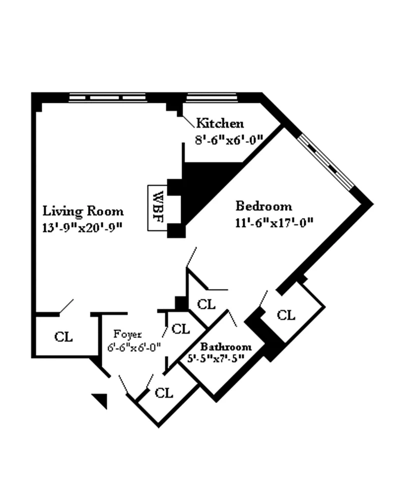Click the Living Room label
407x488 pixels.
pyautogui.click(x=82, y=211)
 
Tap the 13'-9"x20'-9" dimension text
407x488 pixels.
pyautogui.click(x=83, y=226)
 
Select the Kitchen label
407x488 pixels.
pyautogui.click(x=220, y=123)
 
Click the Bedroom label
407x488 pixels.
pyautogui.click(x=264, y=206)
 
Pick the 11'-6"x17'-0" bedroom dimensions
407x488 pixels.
pyautogui.click(x=273, y=222)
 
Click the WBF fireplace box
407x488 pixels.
pyautogui.click(x=158, y=208)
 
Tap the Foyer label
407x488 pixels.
pyautogui.click(x=127, y=334)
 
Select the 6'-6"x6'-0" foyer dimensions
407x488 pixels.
pyautogui.click(x=134, y=347)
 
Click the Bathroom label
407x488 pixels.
pyautogui.click(x=225, y=347)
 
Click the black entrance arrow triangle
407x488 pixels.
pyautogui.click(x=101, y=400)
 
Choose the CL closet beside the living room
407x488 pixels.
pyautogui.click(x=64, y=336)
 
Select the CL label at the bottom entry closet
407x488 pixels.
pyautogui.click(x=164, y=393)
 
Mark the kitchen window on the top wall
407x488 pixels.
pyautogui.click(x=211, y=96)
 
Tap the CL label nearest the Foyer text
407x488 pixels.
pyautogui.click(x=181, y=329)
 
